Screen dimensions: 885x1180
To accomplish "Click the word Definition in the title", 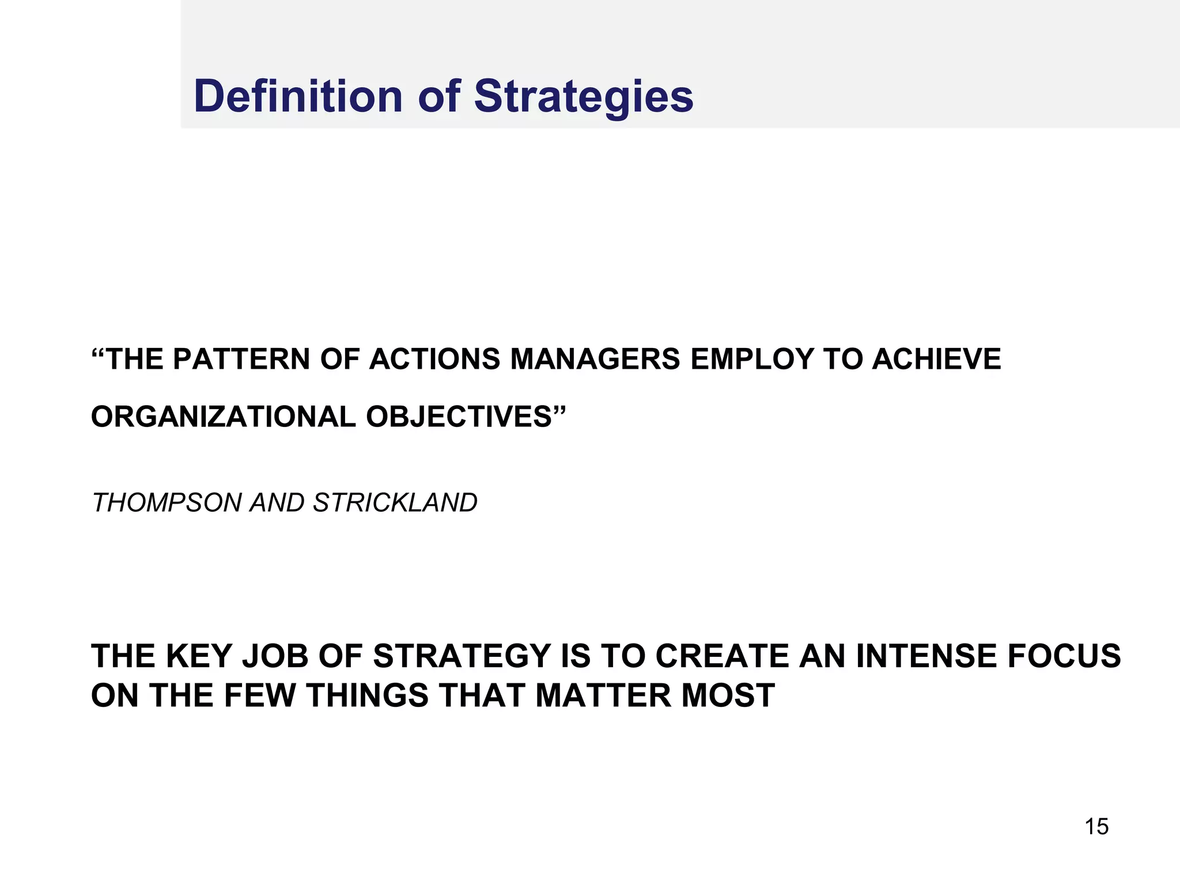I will click(298, 96).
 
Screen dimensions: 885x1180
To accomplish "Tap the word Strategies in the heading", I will click(584, 97).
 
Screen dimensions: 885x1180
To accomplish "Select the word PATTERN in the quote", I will click(241, 359).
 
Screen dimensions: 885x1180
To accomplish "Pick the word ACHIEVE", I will click(937, 359).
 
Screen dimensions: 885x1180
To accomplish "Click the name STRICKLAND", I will click(395, 503).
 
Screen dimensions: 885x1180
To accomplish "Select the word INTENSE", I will click(926, 656).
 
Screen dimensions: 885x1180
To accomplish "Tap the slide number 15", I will click(1096, 827).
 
